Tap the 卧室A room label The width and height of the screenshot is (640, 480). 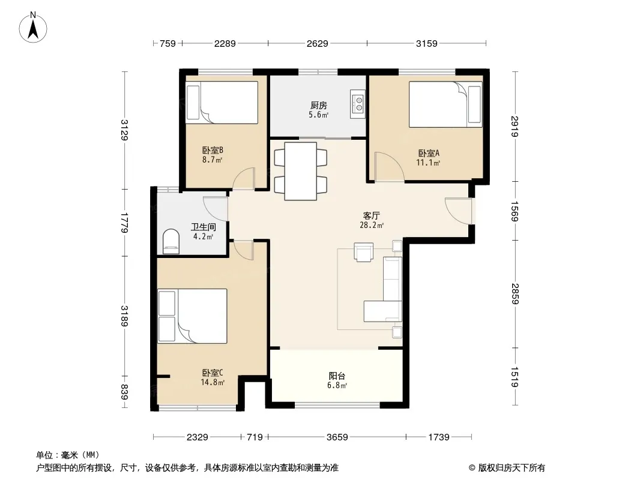point(429,154)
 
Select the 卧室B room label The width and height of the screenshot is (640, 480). point(213,151)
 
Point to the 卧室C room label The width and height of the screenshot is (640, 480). point(213,373)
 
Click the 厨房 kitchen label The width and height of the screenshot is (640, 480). point(318,106)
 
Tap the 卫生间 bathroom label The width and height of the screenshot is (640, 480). point(204,227)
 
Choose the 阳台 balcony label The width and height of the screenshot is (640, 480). point(337,376)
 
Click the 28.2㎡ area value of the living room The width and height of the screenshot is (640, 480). point(372,225)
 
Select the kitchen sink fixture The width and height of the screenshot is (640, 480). point(358,104)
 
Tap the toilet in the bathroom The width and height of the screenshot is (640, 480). point(171,242)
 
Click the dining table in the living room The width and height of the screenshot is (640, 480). point(301,171)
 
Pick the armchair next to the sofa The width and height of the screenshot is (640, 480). point(363,252)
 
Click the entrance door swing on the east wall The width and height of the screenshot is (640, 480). point(458,211)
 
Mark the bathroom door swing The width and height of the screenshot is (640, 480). point(215,209)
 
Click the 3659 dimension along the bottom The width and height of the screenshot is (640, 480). point(337,437)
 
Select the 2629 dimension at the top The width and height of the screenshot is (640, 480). point(317,43)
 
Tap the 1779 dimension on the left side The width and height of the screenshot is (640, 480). point(124,223)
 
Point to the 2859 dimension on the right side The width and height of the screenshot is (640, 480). point(515,293)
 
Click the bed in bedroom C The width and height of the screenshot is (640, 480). point(192,316)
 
